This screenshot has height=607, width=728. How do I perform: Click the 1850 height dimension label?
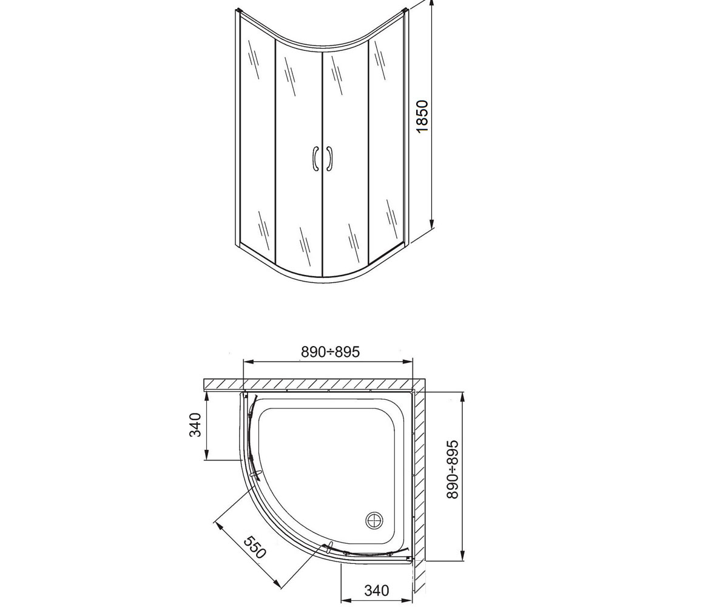tap(423, 116)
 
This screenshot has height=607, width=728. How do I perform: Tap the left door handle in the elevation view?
tap(316, 158)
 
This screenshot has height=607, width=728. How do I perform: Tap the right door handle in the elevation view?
tap(329, 158)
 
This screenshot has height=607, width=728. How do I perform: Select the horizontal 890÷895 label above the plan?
tap(330, 352)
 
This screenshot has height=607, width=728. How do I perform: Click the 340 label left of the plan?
tap(195, 424)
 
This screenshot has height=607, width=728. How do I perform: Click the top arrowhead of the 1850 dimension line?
tap(431, 4)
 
